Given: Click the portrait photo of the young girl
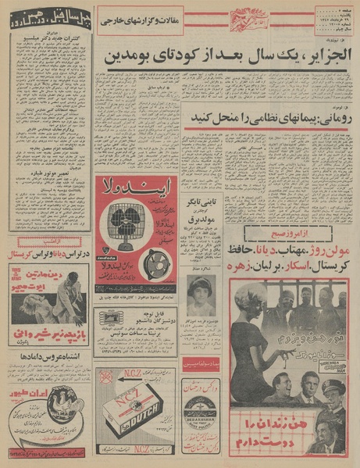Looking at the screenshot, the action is click(x=202, y=295).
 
